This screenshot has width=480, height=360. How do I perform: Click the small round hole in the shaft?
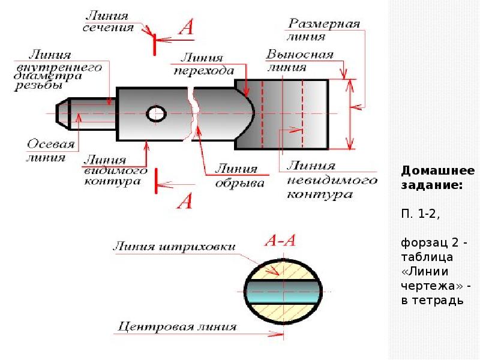(156, 114)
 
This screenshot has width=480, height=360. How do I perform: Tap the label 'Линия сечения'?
(108, 22)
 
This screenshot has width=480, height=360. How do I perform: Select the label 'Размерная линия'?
(323, 29)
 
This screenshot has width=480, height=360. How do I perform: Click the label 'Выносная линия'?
(299, 61)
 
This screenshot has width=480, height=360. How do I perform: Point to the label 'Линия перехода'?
(204, 64)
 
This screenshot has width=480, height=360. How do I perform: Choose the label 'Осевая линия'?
(50, 151)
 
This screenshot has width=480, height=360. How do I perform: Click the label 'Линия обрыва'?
(240, 176)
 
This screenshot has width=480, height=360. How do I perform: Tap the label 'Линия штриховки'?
(175, 247)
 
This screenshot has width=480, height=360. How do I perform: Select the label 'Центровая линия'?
(177, 327)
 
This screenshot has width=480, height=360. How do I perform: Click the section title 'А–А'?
(280, 241)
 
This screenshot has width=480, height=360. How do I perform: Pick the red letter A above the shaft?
(187, 27)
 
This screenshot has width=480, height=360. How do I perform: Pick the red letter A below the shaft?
(185, 201)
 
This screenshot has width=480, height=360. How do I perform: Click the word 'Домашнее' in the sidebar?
(438, 171)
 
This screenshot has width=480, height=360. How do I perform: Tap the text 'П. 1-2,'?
(421, 214)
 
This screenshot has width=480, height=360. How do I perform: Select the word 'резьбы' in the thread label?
(38, 85)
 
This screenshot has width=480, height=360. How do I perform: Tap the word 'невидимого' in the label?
(332, 181)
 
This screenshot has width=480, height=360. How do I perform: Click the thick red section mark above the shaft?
(155, 44)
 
